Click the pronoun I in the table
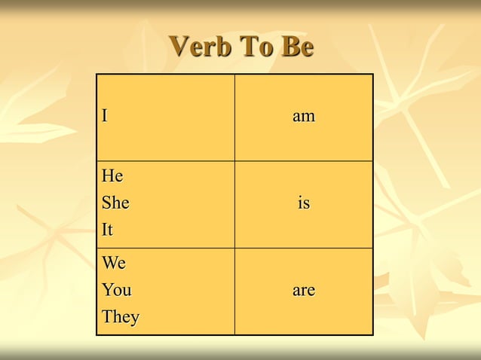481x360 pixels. (106, 117)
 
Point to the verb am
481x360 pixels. (304, 117)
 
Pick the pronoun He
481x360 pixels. (113, 177)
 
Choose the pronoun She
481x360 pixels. (116, 203)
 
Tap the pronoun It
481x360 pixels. (109, 230)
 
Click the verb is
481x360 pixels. (304, 203)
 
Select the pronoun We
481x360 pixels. (115, 264)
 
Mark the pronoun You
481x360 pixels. (117, 291)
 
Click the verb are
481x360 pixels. (304, 291)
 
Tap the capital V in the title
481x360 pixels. (179, 47)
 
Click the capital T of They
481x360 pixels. (107, 317)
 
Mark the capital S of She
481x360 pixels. (106, 203)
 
